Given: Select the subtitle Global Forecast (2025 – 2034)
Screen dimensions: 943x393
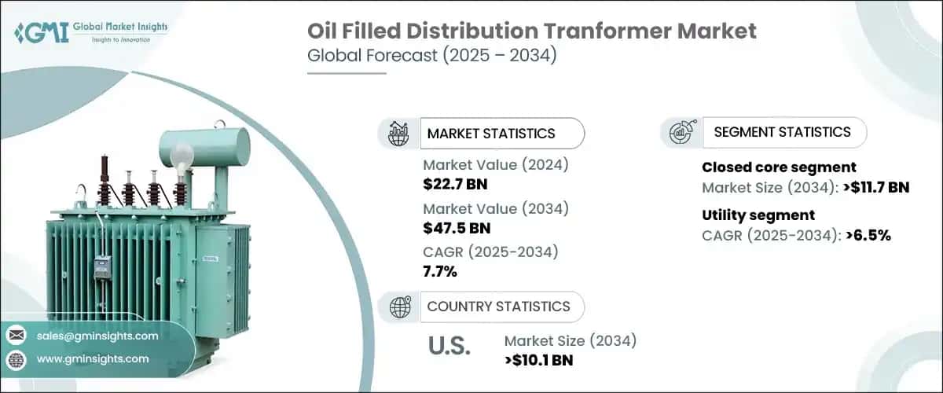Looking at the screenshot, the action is (432, 55).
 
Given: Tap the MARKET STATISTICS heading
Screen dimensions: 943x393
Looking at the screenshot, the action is (491, 134).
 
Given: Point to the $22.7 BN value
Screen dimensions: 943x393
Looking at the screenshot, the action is (455, 184).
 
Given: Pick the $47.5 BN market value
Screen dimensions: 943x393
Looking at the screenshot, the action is (457, 228).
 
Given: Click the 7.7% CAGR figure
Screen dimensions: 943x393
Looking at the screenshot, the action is (440, 272).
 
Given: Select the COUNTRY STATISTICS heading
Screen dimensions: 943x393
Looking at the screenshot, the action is (498, 307).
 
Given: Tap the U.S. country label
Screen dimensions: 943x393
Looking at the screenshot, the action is (449, 346).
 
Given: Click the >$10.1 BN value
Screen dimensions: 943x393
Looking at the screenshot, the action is (539, 360).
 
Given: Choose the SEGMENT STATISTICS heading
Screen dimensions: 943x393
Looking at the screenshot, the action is (782, 132).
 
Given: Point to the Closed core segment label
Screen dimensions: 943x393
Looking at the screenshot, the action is (779, 167).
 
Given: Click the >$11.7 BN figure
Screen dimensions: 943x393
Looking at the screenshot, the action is (876, 187).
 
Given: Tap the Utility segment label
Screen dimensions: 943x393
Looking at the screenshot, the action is (758, 215).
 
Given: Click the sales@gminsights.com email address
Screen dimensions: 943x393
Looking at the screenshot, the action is (97, 336).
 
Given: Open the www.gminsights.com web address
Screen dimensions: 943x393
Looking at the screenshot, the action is (93, 358).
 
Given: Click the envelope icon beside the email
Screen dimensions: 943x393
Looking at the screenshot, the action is (17, 336).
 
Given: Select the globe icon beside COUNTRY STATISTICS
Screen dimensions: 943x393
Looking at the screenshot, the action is (400, 307).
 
